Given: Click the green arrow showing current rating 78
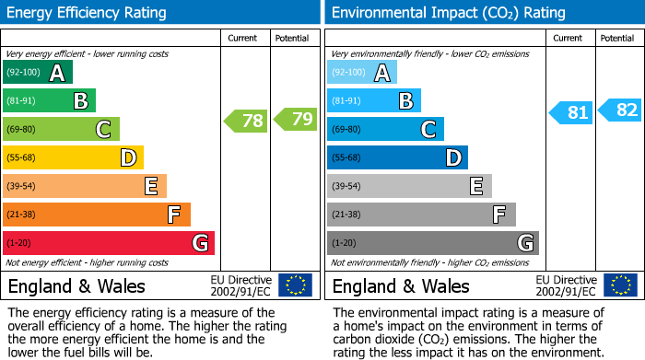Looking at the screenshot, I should tap(245, 120).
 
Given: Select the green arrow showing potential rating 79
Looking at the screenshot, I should tap(295, 120).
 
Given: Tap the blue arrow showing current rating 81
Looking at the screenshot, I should tap(569, 112).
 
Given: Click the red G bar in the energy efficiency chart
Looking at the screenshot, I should tap(109, 243).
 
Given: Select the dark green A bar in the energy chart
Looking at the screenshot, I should tap(38, 73).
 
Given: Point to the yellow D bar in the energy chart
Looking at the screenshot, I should tap(73, 158).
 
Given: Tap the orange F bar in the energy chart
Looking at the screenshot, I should tap(97, 215).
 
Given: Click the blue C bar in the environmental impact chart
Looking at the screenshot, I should tap(385, 129).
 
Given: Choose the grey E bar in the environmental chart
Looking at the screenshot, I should tap(409, 186).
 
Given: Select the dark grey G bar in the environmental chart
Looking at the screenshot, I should tap(432, 243).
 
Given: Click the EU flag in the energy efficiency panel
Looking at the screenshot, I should tap(296, 285).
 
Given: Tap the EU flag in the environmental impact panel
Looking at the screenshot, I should tap(620, 285).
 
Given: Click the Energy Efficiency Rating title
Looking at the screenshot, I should tap(88, 13).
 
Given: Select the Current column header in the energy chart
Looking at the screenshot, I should tap(244, 38).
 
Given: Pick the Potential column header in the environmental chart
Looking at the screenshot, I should tap(617, 38).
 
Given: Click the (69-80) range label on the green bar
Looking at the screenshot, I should tap(21, 130).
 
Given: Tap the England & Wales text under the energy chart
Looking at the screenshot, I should tap(76, 286).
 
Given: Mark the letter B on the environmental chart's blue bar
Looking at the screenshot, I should tap(405, 101).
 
